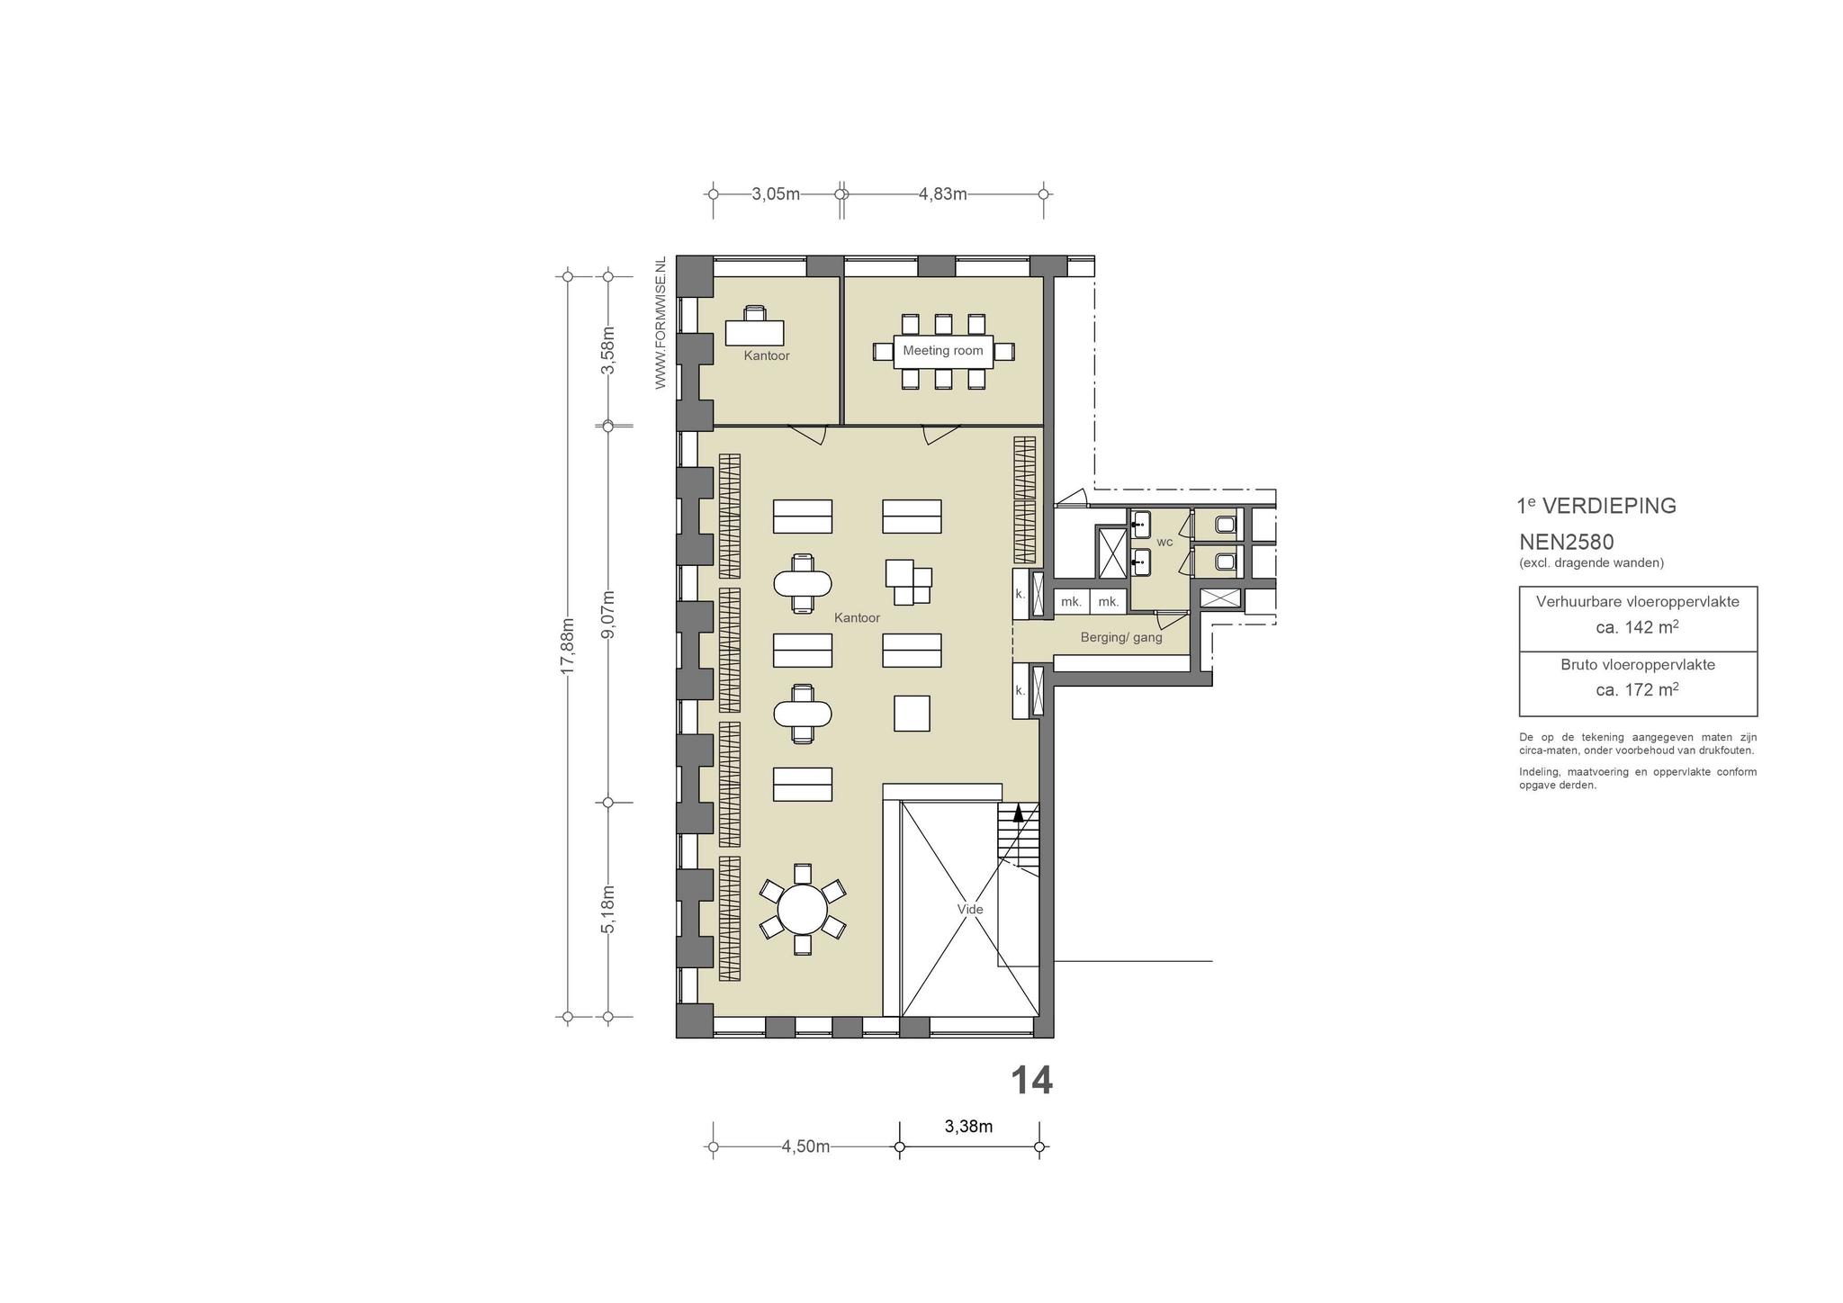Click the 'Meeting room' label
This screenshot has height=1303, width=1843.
pos(942,351)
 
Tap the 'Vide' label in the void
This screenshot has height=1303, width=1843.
pos(970,910)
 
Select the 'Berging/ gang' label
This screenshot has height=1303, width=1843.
pos(1121,638)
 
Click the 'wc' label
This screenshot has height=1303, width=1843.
pos(1164,542)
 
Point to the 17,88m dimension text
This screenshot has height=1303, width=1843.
pos(568,646)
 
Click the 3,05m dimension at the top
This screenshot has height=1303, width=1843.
pos(776,194)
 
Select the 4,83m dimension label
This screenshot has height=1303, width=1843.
pos(942,194)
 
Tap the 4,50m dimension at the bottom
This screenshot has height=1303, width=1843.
pos(805,1146)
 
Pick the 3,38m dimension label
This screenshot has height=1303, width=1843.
pos(968,1127)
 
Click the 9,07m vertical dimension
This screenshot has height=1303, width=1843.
pos(608,615)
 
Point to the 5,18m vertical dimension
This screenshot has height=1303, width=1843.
pos(608,910)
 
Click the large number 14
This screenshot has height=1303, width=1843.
pos(1031,1081)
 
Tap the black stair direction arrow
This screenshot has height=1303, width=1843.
pos(1019,813)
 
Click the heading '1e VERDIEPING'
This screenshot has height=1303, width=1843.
pos(1597,506)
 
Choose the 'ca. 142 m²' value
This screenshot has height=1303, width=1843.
pos(1637,627)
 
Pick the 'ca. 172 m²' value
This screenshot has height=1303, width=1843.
pos(1637,690)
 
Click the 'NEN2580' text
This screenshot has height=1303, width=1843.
pos(1567,543)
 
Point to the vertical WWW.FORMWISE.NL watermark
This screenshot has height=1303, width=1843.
pos(661,323)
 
